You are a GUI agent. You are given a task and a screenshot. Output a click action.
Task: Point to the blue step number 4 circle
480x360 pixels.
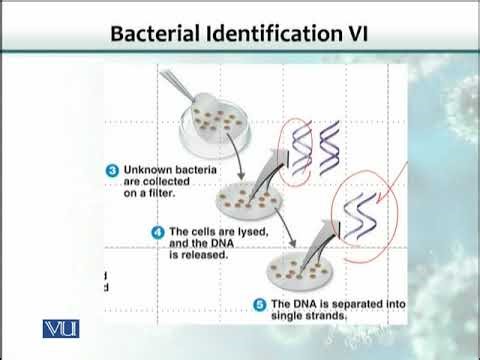pyautogui.click(x=157, y=232)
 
